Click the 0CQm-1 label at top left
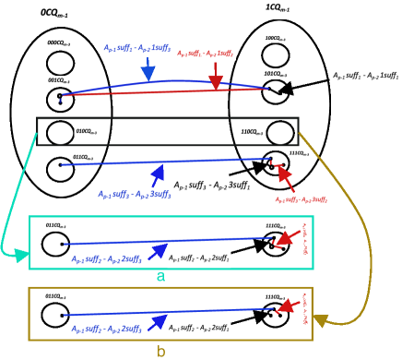[55, 15]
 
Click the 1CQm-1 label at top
[278, 9]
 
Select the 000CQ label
[60, 43]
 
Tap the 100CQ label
[275, 39]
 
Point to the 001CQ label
[59, 81]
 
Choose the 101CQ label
[275, 75]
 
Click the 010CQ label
[87, 132]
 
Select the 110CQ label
[252, 132]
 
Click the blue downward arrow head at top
[148, 73]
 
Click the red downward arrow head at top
[216, 82]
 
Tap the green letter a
[160, 276]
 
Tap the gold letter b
[160, 351]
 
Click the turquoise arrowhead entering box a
[20, 255]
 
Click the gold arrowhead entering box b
[320, 320]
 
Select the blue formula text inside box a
[106, 259]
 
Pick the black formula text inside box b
[198, 329]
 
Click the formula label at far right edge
[365, 77]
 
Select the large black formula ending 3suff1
[210, 186]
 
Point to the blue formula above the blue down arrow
[137, 50]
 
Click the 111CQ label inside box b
[275, 297]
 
